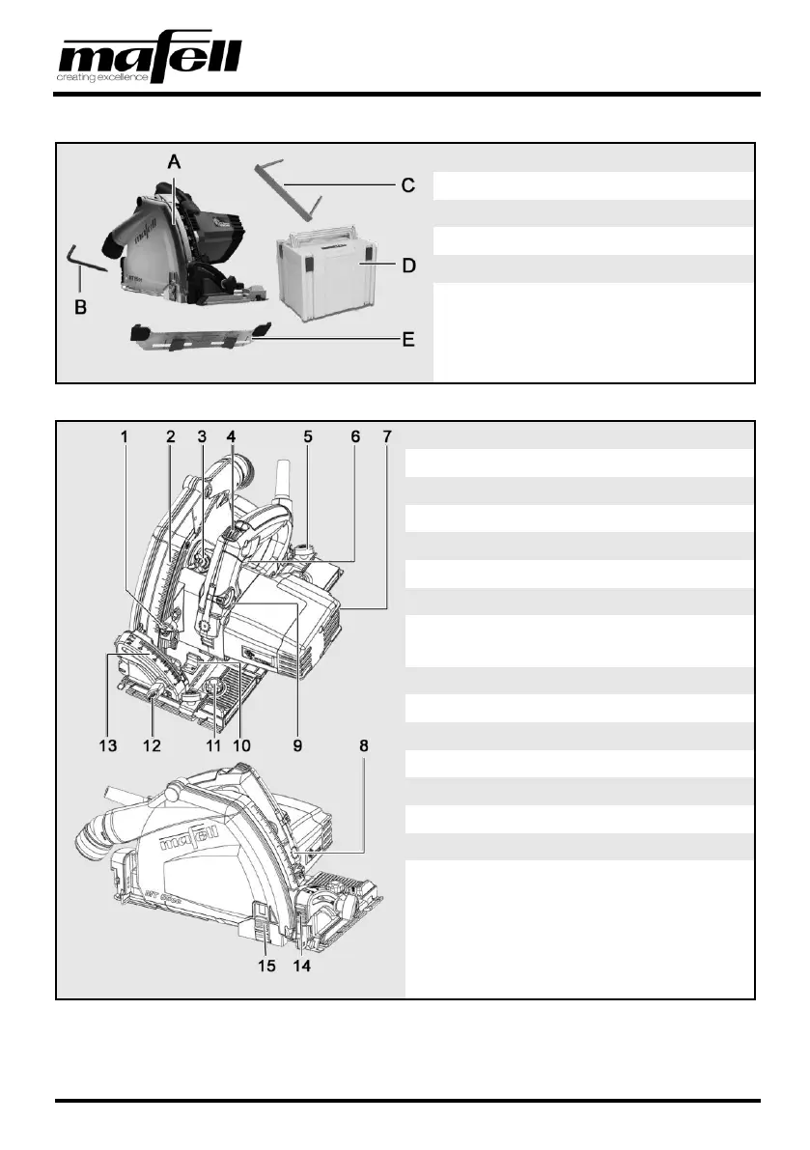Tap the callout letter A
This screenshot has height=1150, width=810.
pyautogui.click(x=174, y=164)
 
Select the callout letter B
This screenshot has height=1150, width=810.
pyautogui.click(x=81, y=308)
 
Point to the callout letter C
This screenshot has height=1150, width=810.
pyautogui.click(x=407, y=184)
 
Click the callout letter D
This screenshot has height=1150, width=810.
pyautogui.click(x=408, y=264)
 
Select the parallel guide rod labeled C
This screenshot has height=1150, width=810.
pyautogui.click(x=289, y=188)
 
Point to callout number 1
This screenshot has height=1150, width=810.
pyautogui.click(x=124, y=436)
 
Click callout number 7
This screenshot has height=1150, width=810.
pyautogui.click(x=387, y=436)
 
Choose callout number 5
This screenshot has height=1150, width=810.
pyautogui.click(x=307, y=436)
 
